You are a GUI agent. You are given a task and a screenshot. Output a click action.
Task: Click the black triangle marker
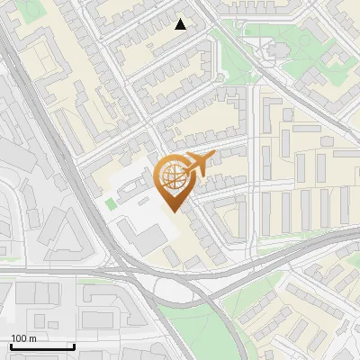181,24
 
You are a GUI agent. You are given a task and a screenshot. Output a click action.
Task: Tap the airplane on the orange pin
196,165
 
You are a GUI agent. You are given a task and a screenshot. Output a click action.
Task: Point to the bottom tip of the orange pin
173,212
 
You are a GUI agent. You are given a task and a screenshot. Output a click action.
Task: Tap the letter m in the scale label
34,338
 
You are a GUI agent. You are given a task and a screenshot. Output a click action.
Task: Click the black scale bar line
41,346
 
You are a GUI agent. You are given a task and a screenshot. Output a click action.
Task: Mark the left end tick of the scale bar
10,345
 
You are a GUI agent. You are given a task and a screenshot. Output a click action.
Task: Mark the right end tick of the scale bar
73,345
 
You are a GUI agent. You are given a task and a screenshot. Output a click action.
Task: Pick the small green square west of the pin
111,204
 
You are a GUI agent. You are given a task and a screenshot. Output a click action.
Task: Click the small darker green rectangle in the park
296,40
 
